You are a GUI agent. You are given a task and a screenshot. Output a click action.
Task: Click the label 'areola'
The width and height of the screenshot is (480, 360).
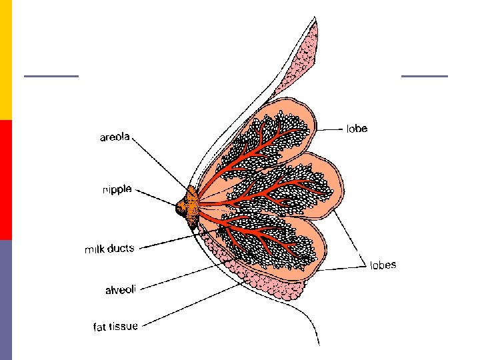pos(114,138)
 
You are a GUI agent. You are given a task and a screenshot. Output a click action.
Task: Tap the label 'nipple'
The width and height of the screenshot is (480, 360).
pos(117,189)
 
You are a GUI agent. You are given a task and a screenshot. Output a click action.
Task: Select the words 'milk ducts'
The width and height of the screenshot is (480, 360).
pos(109,249)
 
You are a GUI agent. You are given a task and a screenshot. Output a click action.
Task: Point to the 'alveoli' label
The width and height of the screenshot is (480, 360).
pos(120,290)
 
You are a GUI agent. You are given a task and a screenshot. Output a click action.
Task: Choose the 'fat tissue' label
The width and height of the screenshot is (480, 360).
pos(115,327)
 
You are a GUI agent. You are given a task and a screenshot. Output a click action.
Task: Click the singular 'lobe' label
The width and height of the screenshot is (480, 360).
pos(357,128)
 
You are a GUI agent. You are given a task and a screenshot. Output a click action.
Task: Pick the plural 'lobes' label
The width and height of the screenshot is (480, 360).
pos(383,265)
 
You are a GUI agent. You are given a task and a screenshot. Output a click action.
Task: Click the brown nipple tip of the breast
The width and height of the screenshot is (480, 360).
pos(181,209)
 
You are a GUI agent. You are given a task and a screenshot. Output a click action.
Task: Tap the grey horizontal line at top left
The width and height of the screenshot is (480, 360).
pos(51,76)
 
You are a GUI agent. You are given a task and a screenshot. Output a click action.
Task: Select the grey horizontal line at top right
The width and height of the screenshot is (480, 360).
pos(425,76)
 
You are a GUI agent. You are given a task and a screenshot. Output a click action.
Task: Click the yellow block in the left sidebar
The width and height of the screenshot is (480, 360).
pos(6,60)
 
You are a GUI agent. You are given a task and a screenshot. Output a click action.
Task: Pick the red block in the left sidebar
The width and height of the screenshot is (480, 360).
pos(6,180)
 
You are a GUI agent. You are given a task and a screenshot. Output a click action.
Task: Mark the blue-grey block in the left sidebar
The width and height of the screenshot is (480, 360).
pos(6,300)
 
